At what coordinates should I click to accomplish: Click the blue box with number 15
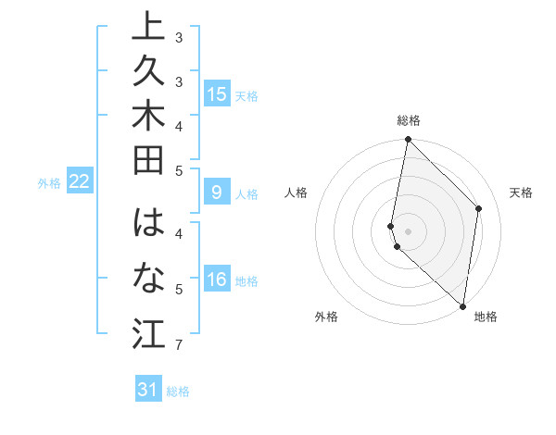point(216,93)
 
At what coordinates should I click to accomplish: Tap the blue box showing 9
point(216,193)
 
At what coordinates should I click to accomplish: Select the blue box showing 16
point(216,280)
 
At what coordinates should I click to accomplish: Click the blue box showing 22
point(80,181)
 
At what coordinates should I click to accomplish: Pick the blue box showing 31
point(148,390)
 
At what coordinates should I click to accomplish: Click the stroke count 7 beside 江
point(178,345)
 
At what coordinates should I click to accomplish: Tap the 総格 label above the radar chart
point(409,120)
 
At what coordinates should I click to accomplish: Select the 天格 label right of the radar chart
point(521,193)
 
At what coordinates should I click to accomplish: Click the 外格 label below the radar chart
point(326,317)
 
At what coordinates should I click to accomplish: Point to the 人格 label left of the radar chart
point(297,193)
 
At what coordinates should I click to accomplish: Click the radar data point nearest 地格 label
point(462,306)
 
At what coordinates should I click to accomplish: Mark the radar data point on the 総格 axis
point(408,140)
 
